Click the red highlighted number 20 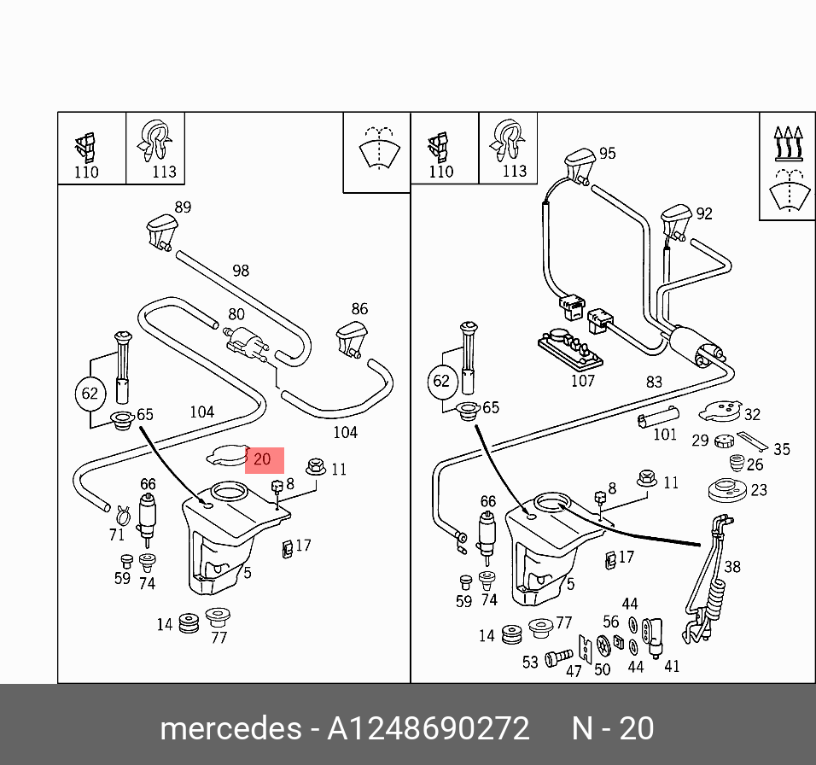point(263,459)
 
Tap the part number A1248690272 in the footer point(429,729)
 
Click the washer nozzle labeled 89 point(162,231)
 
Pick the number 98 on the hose point(241,271)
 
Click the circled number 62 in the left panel point(90,394)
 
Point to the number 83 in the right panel point(654,382)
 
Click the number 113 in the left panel point(164,172)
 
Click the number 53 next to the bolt point(530,662)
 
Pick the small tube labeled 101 point(657,418)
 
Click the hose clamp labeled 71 point(121,513)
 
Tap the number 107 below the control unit point(582,381)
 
